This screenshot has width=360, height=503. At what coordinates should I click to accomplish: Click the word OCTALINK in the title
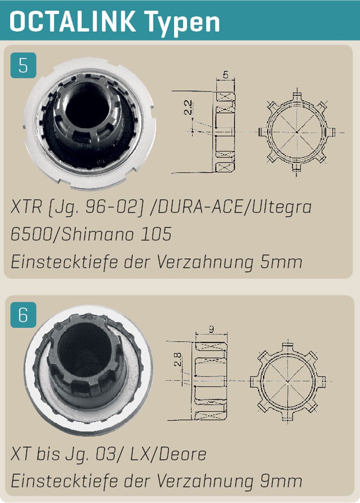pyautogui.click(x=72, y=21)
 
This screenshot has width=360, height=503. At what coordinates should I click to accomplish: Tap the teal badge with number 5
pyautogui.click(x=23, y=65)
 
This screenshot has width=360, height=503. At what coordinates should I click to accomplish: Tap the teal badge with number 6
pyautogui.click(x=23, y=315)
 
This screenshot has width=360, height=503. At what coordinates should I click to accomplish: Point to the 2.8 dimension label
pyautogui.click(x=177, y=359)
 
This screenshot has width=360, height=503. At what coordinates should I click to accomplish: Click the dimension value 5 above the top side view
pyautogui.click(x=225, y=74)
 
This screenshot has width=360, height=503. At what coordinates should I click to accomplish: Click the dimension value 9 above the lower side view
pyautogui.click(x=211, y=329)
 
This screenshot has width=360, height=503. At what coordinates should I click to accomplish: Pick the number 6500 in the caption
pyautogui.click(x=31, y=234)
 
